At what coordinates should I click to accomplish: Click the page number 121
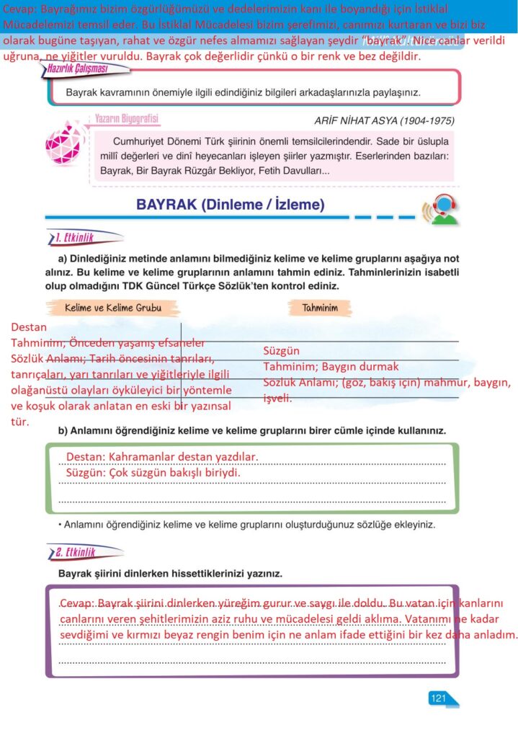pos(438,698)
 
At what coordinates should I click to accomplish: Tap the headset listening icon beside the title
pos(441,210)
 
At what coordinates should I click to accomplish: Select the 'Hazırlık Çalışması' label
pos(85,68)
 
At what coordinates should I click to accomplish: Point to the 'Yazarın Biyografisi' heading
pos(127,119)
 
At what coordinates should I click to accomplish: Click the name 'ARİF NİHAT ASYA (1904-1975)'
pos(384,120)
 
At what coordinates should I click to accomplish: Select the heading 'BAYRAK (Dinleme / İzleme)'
pos(231,205)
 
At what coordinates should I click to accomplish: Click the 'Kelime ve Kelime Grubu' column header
pos(113,308)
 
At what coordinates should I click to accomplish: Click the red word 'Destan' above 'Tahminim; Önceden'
pos(28,327)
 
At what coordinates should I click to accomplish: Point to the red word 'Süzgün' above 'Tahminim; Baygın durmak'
pos(281,351)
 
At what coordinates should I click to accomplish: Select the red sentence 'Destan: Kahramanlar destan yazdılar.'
pos(161,457)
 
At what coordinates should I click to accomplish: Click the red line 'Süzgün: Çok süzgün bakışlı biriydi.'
pos(153,473)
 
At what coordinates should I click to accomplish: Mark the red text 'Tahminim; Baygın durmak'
pos(331,367)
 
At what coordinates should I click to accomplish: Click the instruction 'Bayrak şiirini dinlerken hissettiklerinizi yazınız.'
pos(170,574)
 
